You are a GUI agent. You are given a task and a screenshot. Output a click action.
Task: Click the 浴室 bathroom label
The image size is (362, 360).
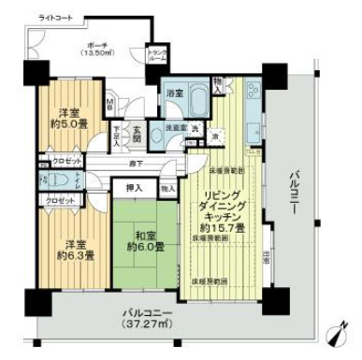pyautogui.click(x=175, y=94)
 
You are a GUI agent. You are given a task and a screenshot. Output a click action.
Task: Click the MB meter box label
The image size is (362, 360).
pyautogui.click(x=109, y=104)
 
